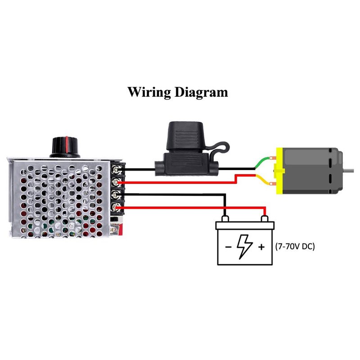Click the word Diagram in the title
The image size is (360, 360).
click(201, 93)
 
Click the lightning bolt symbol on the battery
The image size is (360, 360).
click(245, 246)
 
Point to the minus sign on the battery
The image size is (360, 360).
click(228, 247)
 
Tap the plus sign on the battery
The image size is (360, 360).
click(261, 247)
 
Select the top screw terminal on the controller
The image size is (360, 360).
click(118, 170)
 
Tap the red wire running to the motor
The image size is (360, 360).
click(180, 182)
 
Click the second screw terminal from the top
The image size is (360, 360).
click(118, 182)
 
